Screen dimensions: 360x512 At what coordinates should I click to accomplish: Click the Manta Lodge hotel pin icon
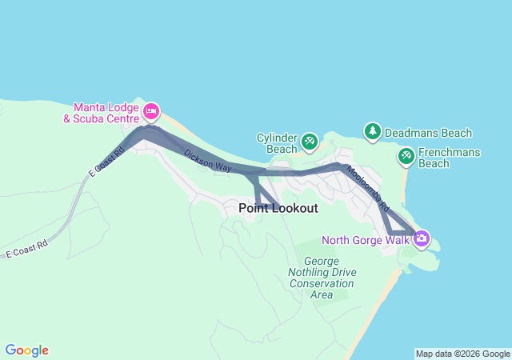[150, 110]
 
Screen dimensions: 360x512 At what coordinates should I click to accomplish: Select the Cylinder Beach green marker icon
[310, 142]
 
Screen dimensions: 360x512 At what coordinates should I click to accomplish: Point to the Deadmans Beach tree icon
[372, 130]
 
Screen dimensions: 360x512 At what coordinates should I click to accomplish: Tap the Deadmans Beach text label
[428, 133]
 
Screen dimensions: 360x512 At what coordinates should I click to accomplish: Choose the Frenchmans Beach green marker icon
[406, 154]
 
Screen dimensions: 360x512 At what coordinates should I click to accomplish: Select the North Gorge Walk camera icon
[421, 238]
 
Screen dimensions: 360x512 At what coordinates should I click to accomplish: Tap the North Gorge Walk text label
[366, 239]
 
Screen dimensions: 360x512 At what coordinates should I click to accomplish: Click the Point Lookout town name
[278, 208]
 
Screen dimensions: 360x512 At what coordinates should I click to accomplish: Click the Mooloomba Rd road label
[369, 189]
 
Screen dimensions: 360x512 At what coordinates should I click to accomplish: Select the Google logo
[26, 350]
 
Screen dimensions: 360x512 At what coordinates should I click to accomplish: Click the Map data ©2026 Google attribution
[462, 354]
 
